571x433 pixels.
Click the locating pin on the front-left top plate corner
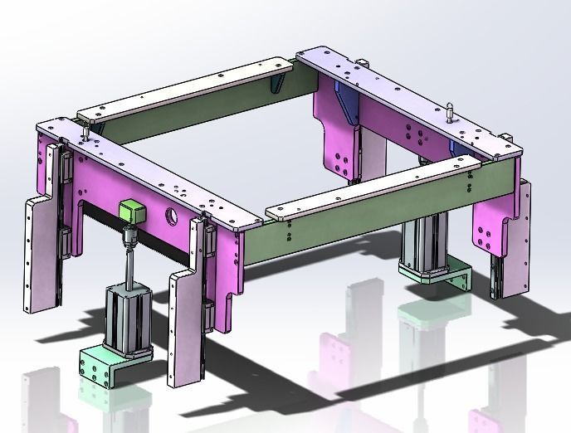coord(86,131)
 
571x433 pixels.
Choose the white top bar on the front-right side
coord(373,190)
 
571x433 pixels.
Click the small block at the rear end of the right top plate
coord(363,63)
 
